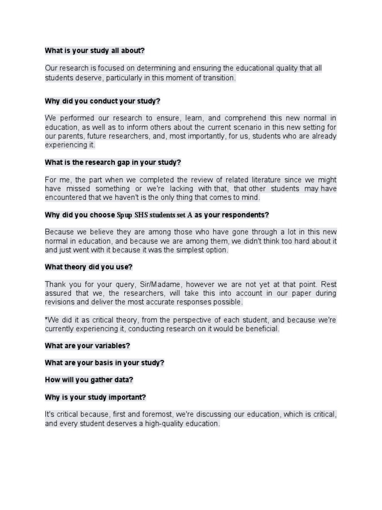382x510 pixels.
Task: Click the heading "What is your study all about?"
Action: coord(95,50)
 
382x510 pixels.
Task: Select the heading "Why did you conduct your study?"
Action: coord(102,101)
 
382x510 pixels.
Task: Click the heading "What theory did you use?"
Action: coord(89,267)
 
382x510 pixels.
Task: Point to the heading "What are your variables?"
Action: coord(88,346)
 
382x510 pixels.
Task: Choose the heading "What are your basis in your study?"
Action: coord(104,363)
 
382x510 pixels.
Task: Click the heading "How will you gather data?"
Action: coord(89,380)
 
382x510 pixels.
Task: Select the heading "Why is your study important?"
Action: coord(95,397)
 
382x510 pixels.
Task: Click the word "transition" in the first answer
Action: coord(217,78)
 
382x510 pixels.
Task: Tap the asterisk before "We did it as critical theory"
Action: coord(46,319)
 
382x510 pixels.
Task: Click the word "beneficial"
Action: coord(262,329)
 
